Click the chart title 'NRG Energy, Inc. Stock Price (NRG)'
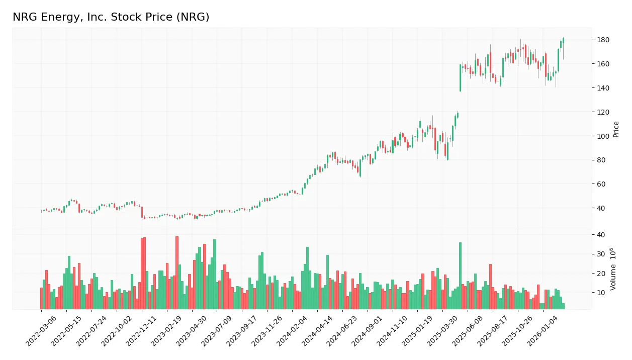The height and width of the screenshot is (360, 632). (111, 17)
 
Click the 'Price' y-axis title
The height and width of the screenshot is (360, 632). (616, 129)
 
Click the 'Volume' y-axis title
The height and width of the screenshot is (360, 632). (613, 269)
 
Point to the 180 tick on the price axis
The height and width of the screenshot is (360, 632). (603, 40)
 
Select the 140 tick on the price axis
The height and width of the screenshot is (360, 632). (603, 88)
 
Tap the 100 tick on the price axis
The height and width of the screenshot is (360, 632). (603, 136)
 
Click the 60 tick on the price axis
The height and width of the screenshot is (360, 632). (601, 184)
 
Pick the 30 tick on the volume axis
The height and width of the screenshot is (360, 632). (601, 254)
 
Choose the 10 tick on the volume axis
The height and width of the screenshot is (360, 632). (601, 293)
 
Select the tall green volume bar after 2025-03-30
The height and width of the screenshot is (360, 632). (460, 276)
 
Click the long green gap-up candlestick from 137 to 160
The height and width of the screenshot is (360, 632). (460, 77)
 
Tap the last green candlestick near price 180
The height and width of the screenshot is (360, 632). (563, 40)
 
